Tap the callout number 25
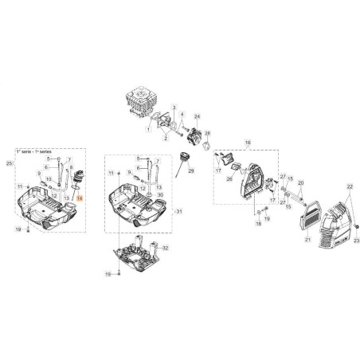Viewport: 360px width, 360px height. coord(9,163)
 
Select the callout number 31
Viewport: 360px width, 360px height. coord(179,211)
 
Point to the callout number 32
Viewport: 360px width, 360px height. coord(166,248)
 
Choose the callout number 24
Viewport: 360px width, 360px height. coord(197,117)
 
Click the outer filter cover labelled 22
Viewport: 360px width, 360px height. coord(328,224)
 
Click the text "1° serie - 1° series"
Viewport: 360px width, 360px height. coord(37,151)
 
